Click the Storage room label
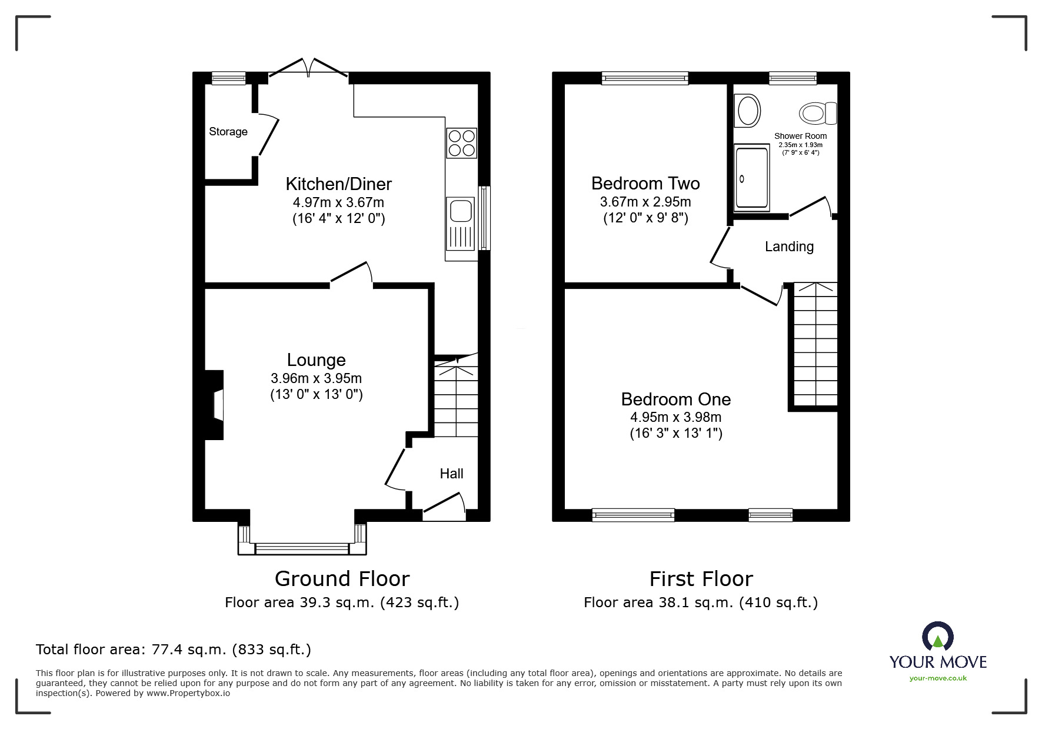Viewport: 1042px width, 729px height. point(228,132)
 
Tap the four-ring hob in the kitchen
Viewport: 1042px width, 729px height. point(461,143)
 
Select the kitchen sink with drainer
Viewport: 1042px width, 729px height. point(460,223)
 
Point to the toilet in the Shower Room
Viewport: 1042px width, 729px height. point(818,113)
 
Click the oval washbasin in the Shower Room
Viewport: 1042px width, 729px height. point(748,111)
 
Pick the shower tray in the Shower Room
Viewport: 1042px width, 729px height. point(751,178)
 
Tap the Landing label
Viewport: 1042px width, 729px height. point(789,247)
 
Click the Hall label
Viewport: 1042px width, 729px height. point(451,474)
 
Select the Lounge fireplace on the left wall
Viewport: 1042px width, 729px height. point(214,405)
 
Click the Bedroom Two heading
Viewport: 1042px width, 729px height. point(645,184)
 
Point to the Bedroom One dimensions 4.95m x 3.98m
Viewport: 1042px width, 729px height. point(675,417)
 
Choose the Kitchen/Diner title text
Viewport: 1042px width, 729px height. point(338,184)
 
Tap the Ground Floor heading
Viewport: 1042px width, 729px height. point(342,579)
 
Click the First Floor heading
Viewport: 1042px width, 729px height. point(701,579)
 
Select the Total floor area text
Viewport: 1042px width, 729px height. point(174,650)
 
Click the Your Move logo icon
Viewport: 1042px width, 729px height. point(938,637)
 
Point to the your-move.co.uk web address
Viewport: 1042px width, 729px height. point(938,678)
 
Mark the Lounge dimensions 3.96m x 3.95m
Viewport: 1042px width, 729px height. point(316,378)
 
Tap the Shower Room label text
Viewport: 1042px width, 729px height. point(800,136)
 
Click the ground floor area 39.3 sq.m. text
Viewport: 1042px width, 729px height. point(299,602)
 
